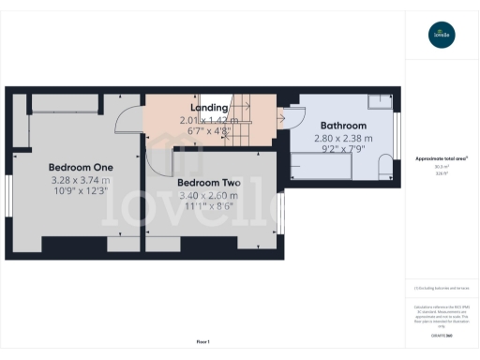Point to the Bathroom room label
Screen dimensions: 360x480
(x=343, y=125)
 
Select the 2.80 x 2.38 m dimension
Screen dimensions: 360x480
(x=343, y=137)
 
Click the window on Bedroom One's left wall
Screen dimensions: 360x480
(x=7, y=200)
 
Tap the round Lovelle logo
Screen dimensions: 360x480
(x=442, y=36)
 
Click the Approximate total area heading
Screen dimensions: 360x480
(x=442, y=158)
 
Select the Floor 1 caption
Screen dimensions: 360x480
(x=202, y=342)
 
